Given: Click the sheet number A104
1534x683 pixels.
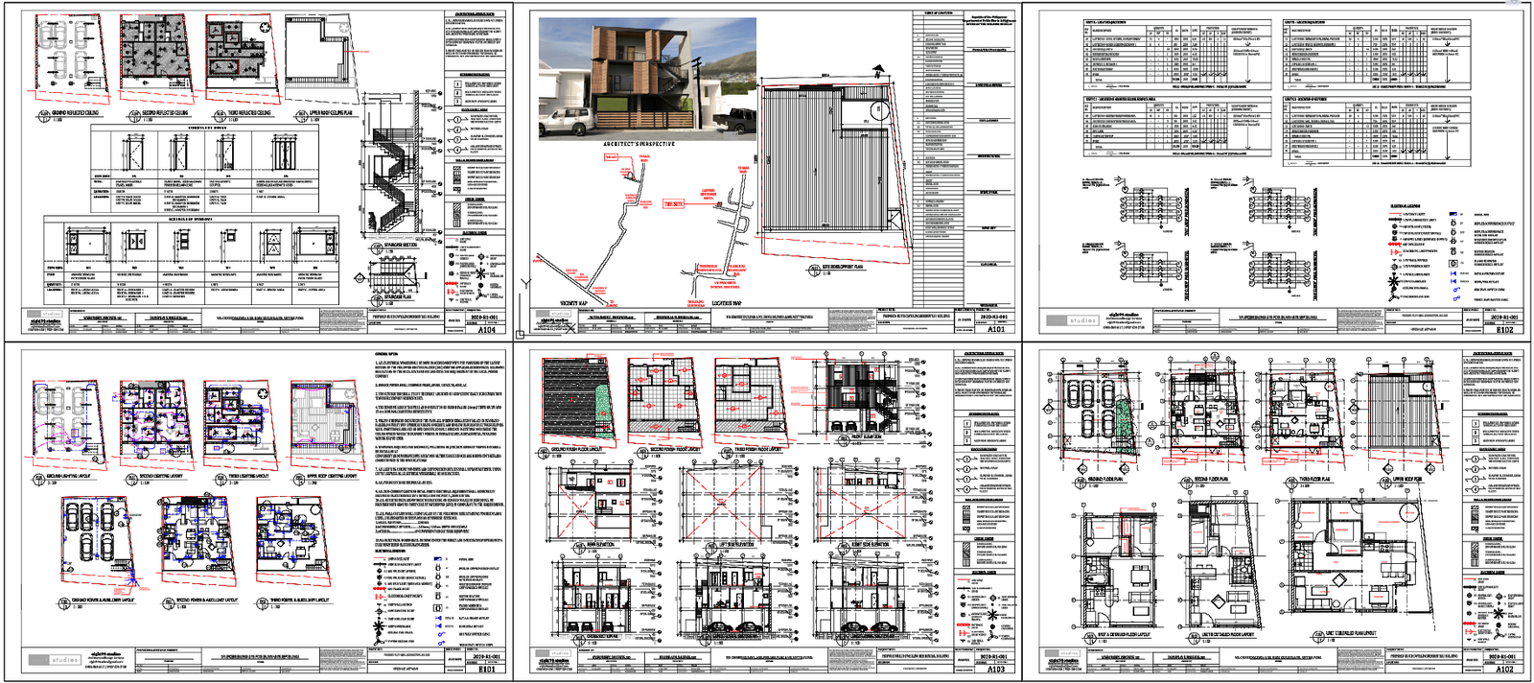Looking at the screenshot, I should click(x=487, y=329).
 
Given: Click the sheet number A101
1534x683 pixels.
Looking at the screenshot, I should click(x=996, y=329).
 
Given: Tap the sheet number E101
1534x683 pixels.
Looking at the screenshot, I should click(x=487, y=670).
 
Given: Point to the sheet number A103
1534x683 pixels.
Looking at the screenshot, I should click(x=996, y=670).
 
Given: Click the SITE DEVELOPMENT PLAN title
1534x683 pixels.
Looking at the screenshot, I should click(x=843, y=268).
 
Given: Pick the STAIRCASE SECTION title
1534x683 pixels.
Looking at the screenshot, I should click(x=400, y=246).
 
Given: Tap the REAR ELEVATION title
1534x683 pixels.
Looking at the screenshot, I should click(x=599, y=545).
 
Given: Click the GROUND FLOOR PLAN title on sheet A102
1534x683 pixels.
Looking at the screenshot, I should click(x=1105, y=479).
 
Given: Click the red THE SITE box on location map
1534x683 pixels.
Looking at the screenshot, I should click(x=673, y=203).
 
